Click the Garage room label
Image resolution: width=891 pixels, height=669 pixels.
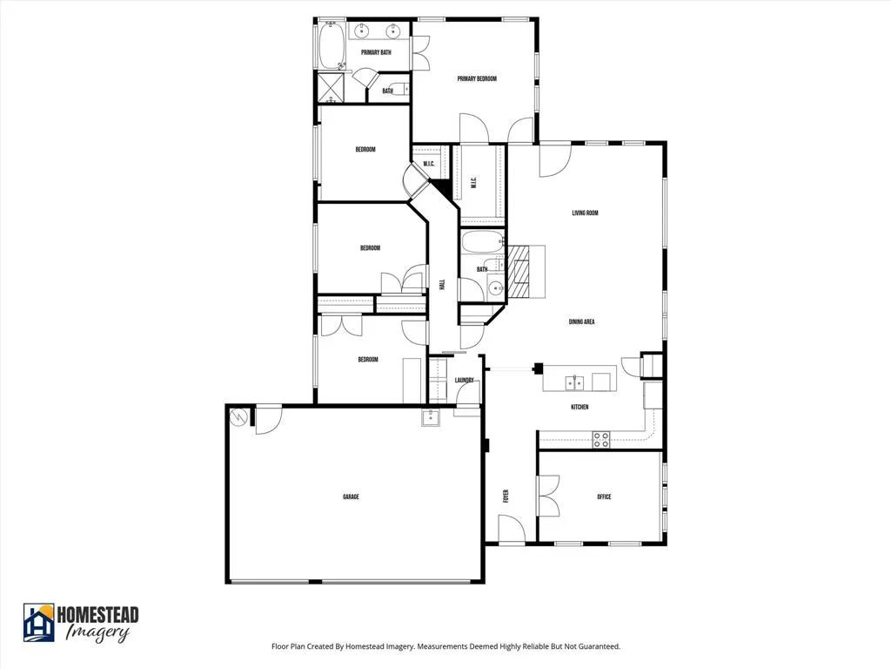pos(351,497)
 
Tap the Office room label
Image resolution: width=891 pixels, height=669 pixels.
pos(604,497)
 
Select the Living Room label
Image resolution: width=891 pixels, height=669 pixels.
pos(585,213)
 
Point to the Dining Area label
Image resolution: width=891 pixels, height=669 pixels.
pos(581,321)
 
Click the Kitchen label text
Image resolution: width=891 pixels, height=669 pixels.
pos(579,407)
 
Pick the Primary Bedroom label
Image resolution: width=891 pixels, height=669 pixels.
pos(477,78)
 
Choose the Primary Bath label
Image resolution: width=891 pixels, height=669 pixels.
pos(376,52)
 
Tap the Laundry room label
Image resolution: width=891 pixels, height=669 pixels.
pos(464,380)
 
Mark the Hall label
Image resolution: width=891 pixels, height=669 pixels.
pos(442,285)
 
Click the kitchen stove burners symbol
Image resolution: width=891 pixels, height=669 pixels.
pos(600,439)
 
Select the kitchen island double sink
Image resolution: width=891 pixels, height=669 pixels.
pos(574,381)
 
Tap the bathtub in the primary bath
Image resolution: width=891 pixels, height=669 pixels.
pos(332,47)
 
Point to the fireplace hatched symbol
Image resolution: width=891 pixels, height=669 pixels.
pos(519,270)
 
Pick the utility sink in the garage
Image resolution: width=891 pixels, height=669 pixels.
pos(431,417)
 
